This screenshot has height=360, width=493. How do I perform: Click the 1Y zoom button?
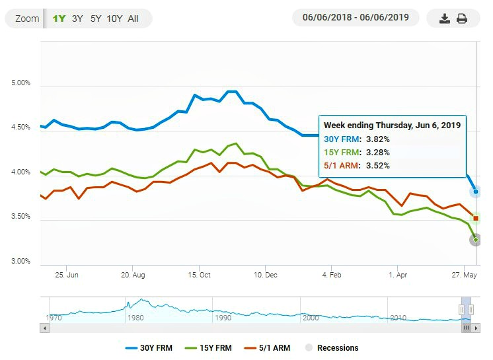(59, 18)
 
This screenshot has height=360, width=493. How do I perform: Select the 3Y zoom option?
(77, 18)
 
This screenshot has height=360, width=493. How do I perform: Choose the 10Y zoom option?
(114, 18)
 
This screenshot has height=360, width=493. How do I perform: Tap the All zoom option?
(133, 18)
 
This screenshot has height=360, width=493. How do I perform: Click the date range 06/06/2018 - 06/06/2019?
(356, 17)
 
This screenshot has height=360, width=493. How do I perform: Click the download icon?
(445, 18)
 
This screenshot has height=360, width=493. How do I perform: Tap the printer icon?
(461, 18)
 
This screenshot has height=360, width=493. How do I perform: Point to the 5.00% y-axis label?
(20, 83)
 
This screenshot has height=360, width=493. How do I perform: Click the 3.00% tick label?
(20, 261)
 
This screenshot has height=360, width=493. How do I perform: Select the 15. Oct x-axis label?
(199, 275)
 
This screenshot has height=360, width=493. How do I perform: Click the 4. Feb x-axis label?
(332, 275)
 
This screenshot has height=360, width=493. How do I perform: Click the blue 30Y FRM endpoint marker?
(476, 192)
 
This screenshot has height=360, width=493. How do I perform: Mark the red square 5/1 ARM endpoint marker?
(476, 219)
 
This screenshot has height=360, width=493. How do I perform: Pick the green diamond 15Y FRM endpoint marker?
(476, 240)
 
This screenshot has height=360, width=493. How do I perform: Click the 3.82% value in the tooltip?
(378, 139)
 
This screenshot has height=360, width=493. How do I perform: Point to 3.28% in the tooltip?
(378, 153)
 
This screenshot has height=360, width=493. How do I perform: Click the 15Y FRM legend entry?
(208, 347)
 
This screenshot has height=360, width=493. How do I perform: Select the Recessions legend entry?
(332, 347)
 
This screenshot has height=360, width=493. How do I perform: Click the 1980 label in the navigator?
(135, 318)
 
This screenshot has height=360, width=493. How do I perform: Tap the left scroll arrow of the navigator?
(45, 328)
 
